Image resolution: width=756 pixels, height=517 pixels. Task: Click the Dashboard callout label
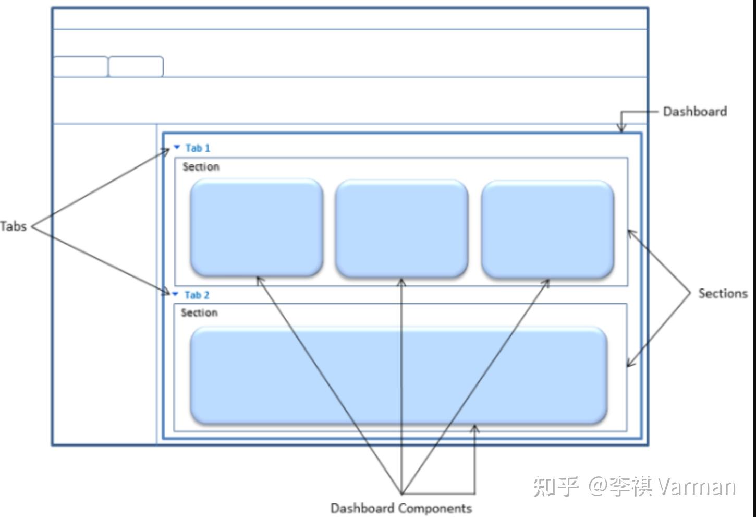(694, 112)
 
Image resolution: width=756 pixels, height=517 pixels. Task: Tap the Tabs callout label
(13, 226)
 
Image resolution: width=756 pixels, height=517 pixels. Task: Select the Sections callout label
(723, 293)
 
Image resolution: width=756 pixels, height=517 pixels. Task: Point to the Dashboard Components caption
(401, 508)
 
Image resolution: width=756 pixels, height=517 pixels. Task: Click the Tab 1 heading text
(198, 148)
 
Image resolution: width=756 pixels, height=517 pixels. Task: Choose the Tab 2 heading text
(197, 295)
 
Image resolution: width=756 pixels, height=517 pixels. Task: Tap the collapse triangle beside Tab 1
(177, 147)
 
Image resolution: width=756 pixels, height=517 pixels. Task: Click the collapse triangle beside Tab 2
(175, 294)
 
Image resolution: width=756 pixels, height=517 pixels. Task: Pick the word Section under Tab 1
(201, 167)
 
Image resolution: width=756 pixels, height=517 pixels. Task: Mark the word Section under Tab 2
(199, 313)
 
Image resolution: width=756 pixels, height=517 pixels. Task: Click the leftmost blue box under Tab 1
(257, 227)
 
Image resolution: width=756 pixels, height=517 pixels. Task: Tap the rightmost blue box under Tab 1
(547, 229)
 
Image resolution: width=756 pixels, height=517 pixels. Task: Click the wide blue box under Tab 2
(399, 375)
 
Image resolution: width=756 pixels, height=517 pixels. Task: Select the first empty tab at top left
(80, 67)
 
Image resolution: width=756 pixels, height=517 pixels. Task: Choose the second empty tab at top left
(136, 67)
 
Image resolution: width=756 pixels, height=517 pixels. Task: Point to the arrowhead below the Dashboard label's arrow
(621, 129)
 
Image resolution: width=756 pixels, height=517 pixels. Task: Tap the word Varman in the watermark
(696, 486)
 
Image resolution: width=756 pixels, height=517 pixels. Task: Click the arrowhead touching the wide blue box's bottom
(474, 429)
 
